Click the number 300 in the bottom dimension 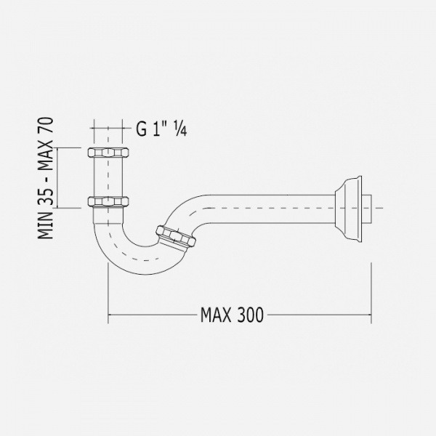click(x=250, y=315)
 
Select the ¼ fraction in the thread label click(x=180, y=129)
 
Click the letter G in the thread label click(x=142, y=129)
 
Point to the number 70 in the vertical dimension click(x=45, y=126)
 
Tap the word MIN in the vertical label click(x=45, y=226)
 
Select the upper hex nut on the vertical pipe click(x=108, y=153)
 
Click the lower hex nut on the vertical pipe click(x=108, y=201)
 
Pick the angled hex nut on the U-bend click(x=175, y=236)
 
